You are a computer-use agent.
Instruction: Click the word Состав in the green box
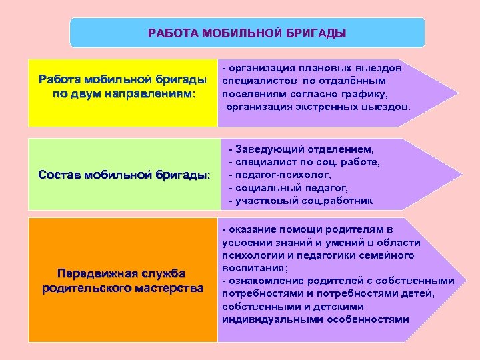tap(59, 175)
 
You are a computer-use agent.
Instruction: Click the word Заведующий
tap(271, 150)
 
